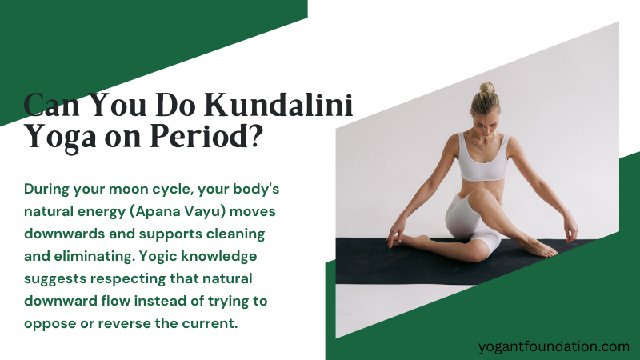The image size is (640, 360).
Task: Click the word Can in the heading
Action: point(52,106)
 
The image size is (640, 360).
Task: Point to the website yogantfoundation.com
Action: point(553,346)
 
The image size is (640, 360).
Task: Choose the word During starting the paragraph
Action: point(47,190)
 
